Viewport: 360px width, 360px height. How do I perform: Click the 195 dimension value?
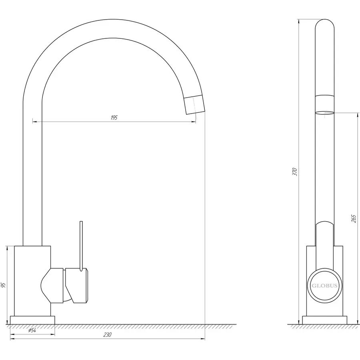coord(114,118)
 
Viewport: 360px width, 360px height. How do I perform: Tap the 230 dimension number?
coord(107,334)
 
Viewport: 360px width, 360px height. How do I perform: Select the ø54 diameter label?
coord(32,330)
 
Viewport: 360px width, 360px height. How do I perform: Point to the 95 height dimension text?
coord(3,285)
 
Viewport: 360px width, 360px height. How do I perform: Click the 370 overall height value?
coord(295,172)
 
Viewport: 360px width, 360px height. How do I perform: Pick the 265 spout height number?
coord(354,218)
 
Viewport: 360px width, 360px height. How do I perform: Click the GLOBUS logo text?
coord(324,286)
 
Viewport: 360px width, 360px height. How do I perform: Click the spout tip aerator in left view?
coord(194,104)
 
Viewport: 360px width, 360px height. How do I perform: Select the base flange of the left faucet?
coord(32,320)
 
